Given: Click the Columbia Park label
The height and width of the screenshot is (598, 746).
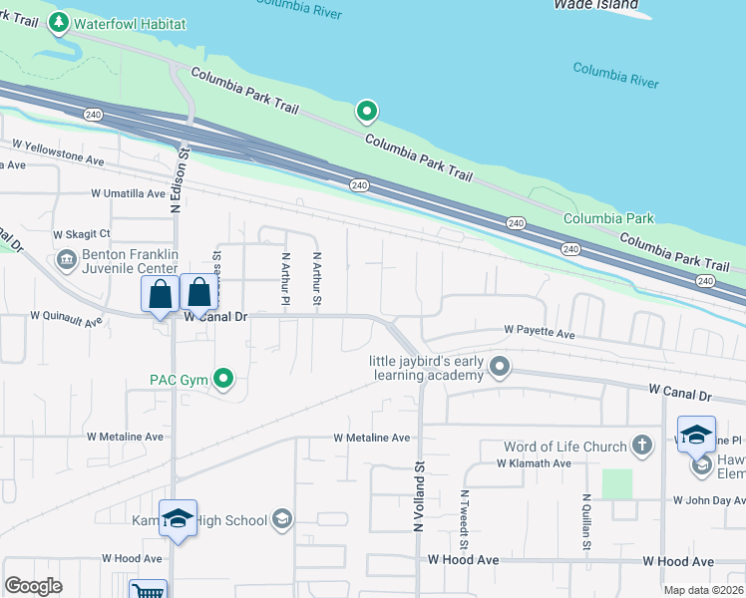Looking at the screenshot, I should pos(608,218).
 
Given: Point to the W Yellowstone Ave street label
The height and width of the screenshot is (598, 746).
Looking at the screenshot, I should pos(57,159).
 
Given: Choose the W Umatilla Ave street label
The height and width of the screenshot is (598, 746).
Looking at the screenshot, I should pos(128,193).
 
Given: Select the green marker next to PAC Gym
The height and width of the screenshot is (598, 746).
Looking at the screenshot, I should pos(224,379).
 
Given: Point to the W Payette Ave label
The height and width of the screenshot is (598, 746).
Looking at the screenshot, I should pos(540,329).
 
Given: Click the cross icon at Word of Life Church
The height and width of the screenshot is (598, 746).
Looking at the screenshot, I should pos(643,447).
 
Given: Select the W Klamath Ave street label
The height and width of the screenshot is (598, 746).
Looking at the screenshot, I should pos(534,463).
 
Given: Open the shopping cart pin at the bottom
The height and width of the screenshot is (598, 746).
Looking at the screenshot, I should pos(148,590).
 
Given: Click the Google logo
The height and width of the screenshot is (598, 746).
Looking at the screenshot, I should pos(33,586).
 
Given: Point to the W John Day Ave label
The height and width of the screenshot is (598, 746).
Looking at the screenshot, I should pos(709,500).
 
